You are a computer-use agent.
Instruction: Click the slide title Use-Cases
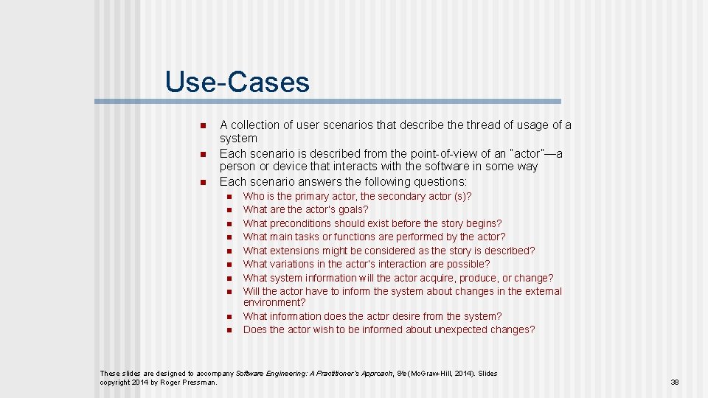(x=237, y=82)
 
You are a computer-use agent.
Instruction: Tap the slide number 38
(x=675, y=383)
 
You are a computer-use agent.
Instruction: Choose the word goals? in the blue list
(x=353, y=209)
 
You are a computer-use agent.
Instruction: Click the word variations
(x=293, y=264)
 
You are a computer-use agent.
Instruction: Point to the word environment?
(x=274, y=302)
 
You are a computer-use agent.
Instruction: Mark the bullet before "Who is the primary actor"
(x=229, y=197)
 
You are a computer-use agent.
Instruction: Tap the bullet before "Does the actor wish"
(x=229, y=330)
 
